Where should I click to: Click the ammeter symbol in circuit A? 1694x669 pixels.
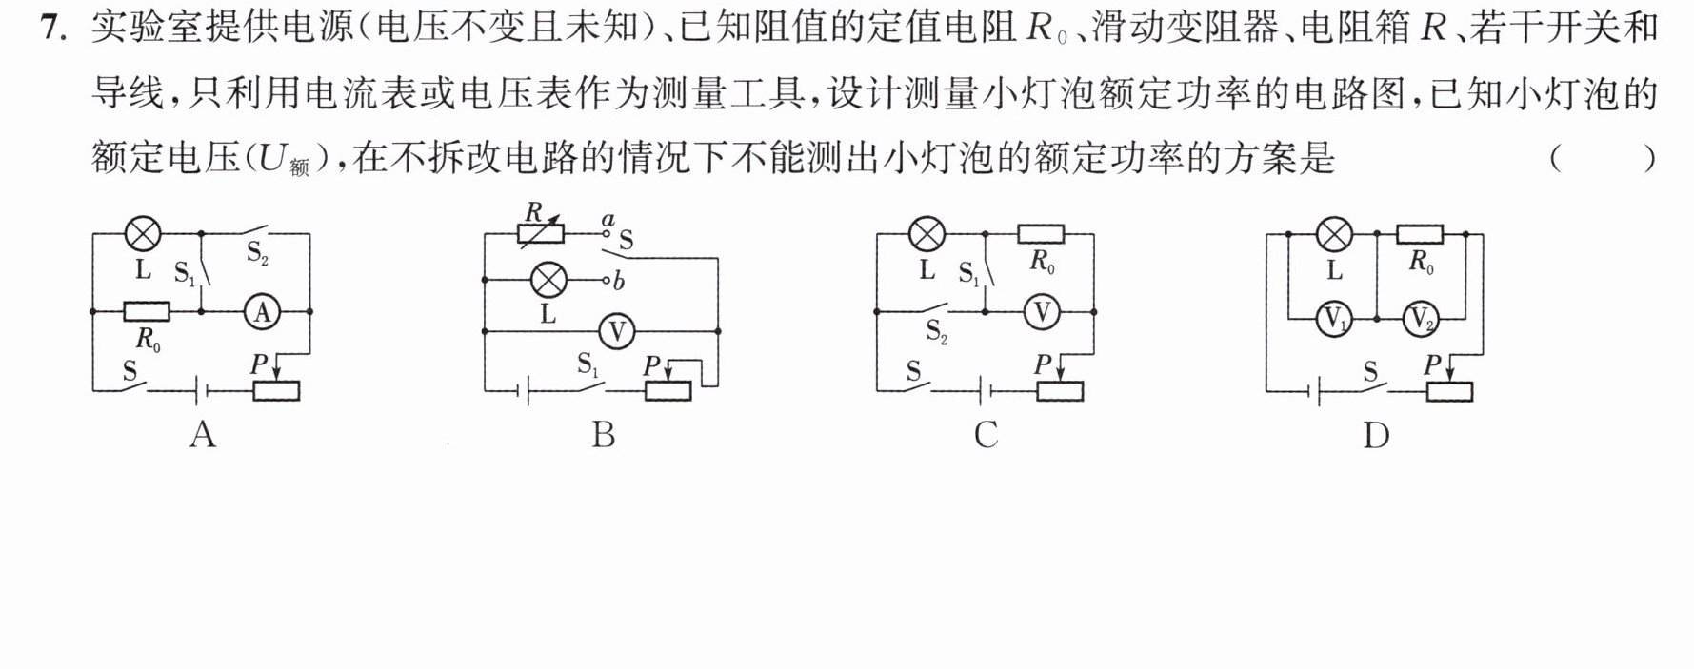263,311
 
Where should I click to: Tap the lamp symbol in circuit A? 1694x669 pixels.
144,233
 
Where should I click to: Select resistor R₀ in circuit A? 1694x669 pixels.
148,311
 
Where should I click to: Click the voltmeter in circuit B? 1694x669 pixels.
618,331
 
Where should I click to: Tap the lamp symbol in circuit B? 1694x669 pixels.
548,280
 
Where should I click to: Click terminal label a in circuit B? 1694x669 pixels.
608,220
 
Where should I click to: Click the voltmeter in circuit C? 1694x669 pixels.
1042,311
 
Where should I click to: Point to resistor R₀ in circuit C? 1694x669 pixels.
1041,233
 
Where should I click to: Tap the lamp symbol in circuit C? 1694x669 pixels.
927,233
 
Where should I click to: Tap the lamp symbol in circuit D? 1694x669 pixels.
1333,233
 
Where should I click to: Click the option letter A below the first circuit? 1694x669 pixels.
203,435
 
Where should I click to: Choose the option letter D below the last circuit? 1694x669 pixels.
1376,435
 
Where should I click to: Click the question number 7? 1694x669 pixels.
52,30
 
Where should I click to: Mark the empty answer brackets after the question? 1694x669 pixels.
1603,158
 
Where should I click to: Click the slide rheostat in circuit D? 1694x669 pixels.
1448,390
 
